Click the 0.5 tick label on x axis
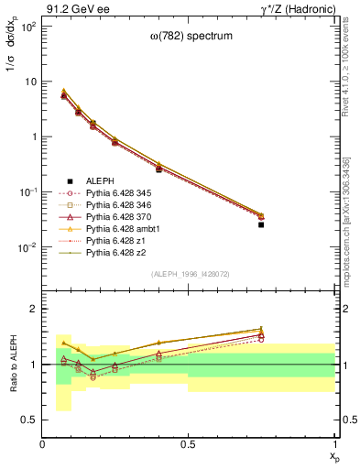pyautogui.click(x=189, y=444)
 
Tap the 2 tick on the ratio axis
pyautogui.click(x=35, y=310)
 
